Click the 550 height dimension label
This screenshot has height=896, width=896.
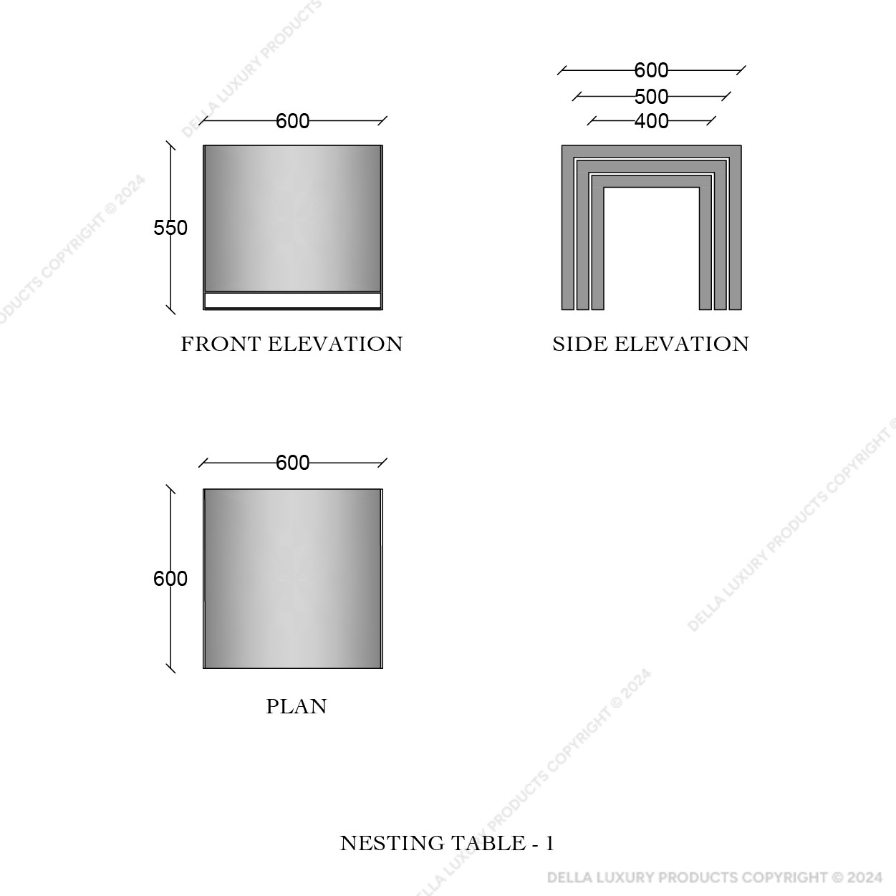(170, 228)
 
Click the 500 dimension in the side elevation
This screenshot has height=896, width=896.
(652, 97)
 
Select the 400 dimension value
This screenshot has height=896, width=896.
(652, 121)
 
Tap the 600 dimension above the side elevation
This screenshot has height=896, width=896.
(652, 71)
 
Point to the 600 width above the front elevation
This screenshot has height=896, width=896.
(292, 121)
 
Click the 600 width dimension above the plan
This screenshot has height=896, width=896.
(292, 463)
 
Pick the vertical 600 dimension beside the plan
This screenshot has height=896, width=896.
(170, 579)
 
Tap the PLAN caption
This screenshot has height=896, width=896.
(297, 707)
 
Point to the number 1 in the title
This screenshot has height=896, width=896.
(549, 844)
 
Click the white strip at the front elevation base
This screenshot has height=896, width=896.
(293, 300)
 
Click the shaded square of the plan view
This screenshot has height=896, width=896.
(293, 579)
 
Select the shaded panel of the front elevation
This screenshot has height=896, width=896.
(293, 218)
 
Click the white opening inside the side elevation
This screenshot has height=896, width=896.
(652, 249)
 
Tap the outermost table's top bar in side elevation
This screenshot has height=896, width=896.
(652, 151)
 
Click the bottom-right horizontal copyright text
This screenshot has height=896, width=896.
(715, 877)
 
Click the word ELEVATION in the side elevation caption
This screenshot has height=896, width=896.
(682, 344)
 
